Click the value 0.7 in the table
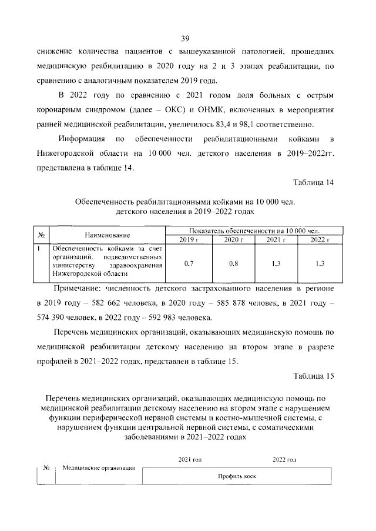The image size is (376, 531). pos(189,263)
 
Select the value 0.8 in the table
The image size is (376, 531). pos(233,263)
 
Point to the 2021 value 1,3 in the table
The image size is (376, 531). pos(276,263)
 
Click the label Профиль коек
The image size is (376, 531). pos(237,477)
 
